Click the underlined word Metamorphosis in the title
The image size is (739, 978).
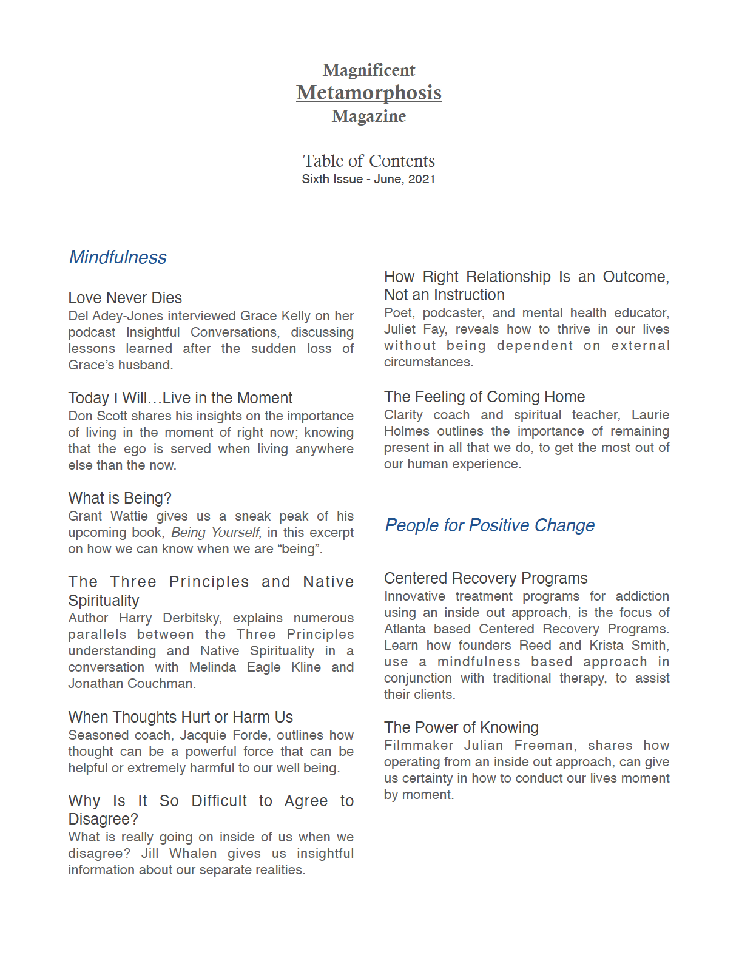(369, 93)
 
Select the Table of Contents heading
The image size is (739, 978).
(369, 161)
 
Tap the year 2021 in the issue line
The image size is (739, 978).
(422, 179)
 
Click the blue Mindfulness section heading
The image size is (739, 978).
(118, 257)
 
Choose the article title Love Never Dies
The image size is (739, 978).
(125, 298)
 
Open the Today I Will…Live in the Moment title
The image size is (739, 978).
(180, 398)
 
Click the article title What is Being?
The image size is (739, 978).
(120, 498)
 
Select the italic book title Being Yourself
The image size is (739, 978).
(215, 533)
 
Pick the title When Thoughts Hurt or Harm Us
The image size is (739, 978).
(180, 717)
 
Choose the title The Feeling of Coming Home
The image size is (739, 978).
(484, 397)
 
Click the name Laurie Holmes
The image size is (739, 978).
(650, 415)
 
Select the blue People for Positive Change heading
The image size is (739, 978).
(490, 525)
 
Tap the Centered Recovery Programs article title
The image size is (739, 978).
(485, 578)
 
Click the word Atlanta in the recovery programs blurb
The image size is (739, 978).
(405, 629)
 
